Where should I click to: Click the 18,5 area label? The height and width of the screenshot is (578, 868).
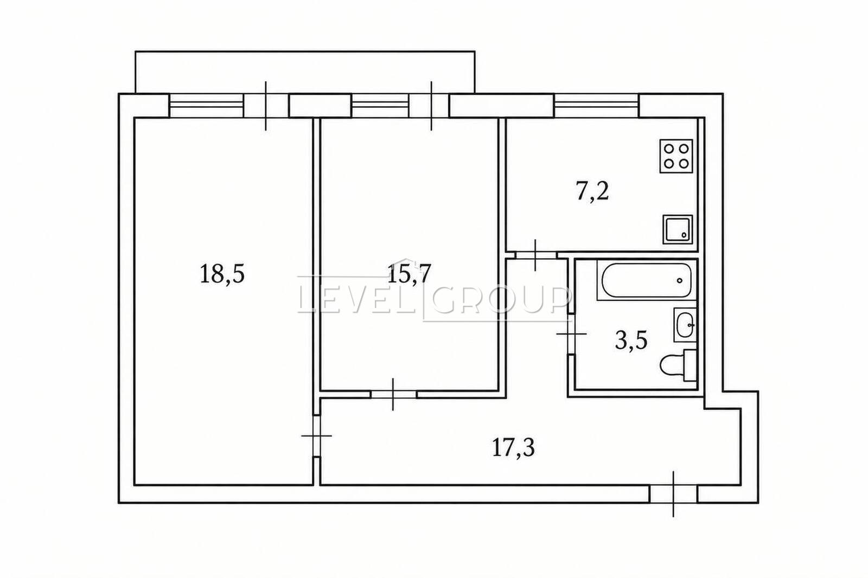pos(222,274)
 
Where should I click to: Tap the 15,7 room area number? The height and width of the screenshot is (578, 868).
pos(409,274)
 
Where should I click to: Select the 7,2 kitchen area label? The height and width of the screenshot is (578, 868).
pos(592,192)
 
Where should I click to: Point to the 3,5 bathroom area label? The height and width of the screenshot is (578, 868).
pos(631,341)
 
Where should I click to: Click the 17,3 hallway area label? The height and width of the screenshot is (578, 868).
pos(513,448)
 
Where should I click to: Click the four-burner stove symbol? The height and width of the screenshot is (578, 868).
pos(676,156)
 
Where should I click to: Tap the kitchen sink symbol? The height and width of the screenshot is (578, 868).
pos(678,229)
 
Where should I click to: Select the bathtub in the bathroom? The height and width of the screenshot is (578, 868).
pos(646,280)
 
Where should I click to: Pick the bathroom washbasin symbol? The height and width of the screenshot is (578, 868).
pos(685,325)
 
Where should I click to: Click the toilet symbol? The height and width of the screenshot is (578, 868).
pos(678,365)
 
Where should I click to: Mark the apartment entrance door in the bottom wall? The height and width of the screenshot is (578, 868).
pos(673,494)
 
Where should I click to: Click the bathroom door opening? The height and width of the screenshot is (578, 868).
pos(571,333)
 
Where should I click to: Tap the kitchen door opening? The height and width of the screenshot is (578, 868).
pos(535,255)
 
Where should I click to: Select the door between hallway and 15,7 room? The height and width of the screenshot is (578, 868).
pos(393,394)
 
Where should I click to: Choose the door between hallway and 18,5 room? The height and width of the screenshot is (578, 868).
pos(317,436)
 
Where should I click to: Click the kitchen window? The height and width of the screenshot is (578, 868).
pos(596,105)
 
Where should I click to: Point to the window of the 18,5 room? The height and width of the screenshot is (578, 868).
pos(207,105)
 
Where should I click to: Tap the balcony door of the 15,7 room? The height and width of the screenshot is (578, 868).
pos(429,105)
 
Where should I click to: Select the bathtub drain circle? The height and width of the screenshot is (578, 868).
pos(679,280)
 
